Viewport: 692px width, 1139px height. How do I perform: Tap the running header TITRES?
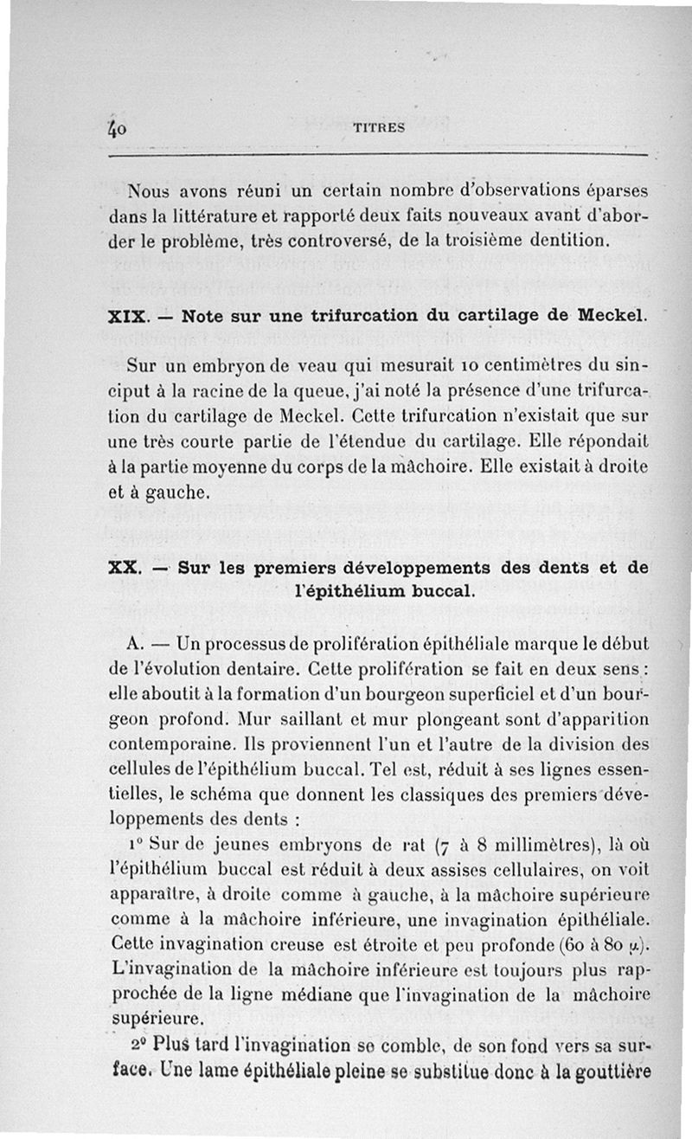point(380,127)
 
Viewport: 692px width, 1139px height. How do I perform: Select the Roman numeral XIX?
point(127,317)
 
